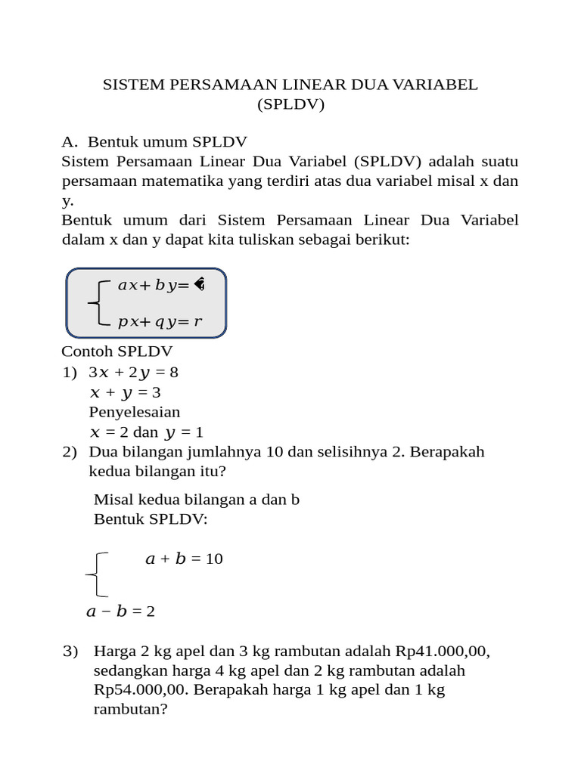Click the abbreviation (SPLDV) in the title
(290, 104)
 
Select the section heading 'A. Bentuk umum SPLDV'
(154, 141)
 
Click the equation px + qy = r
(160, 322)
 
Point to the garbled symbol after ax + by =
(199, 285)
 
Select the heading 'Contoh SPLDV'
(117, 351)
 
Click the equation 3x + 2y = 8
(133, 372)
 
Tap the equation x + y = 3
(125, 392)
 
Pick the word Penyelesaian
(135, 412)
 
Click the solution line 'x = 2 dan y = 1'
(146, 432)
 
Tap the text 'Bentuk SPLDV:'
(151, 519)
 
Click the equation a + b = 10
(184, 559)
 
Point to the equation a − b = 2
(120, 611)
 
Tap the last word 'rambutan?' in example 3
(130, 710)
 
